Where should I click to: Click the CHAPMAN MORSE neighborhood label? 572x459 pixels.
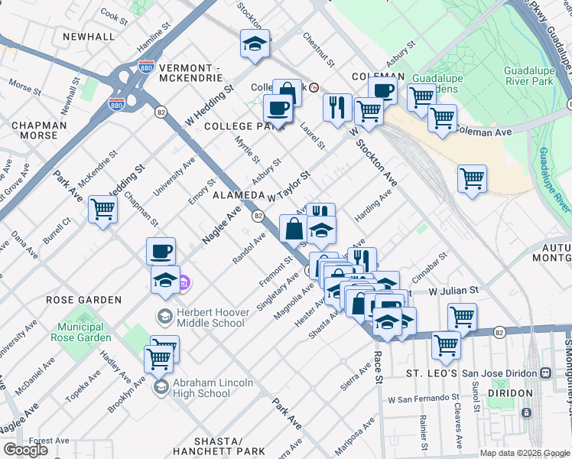pos(34,130)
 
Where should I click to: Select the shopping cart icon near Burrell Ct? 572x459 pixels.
pos(102,209)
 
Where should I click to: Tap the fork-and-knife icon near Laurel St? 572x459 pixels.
pos(336,106)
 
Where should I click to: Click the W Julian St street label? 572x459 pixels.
pos(452,291)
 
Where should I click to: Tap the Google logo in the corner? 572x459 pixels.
pos(25,450)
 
